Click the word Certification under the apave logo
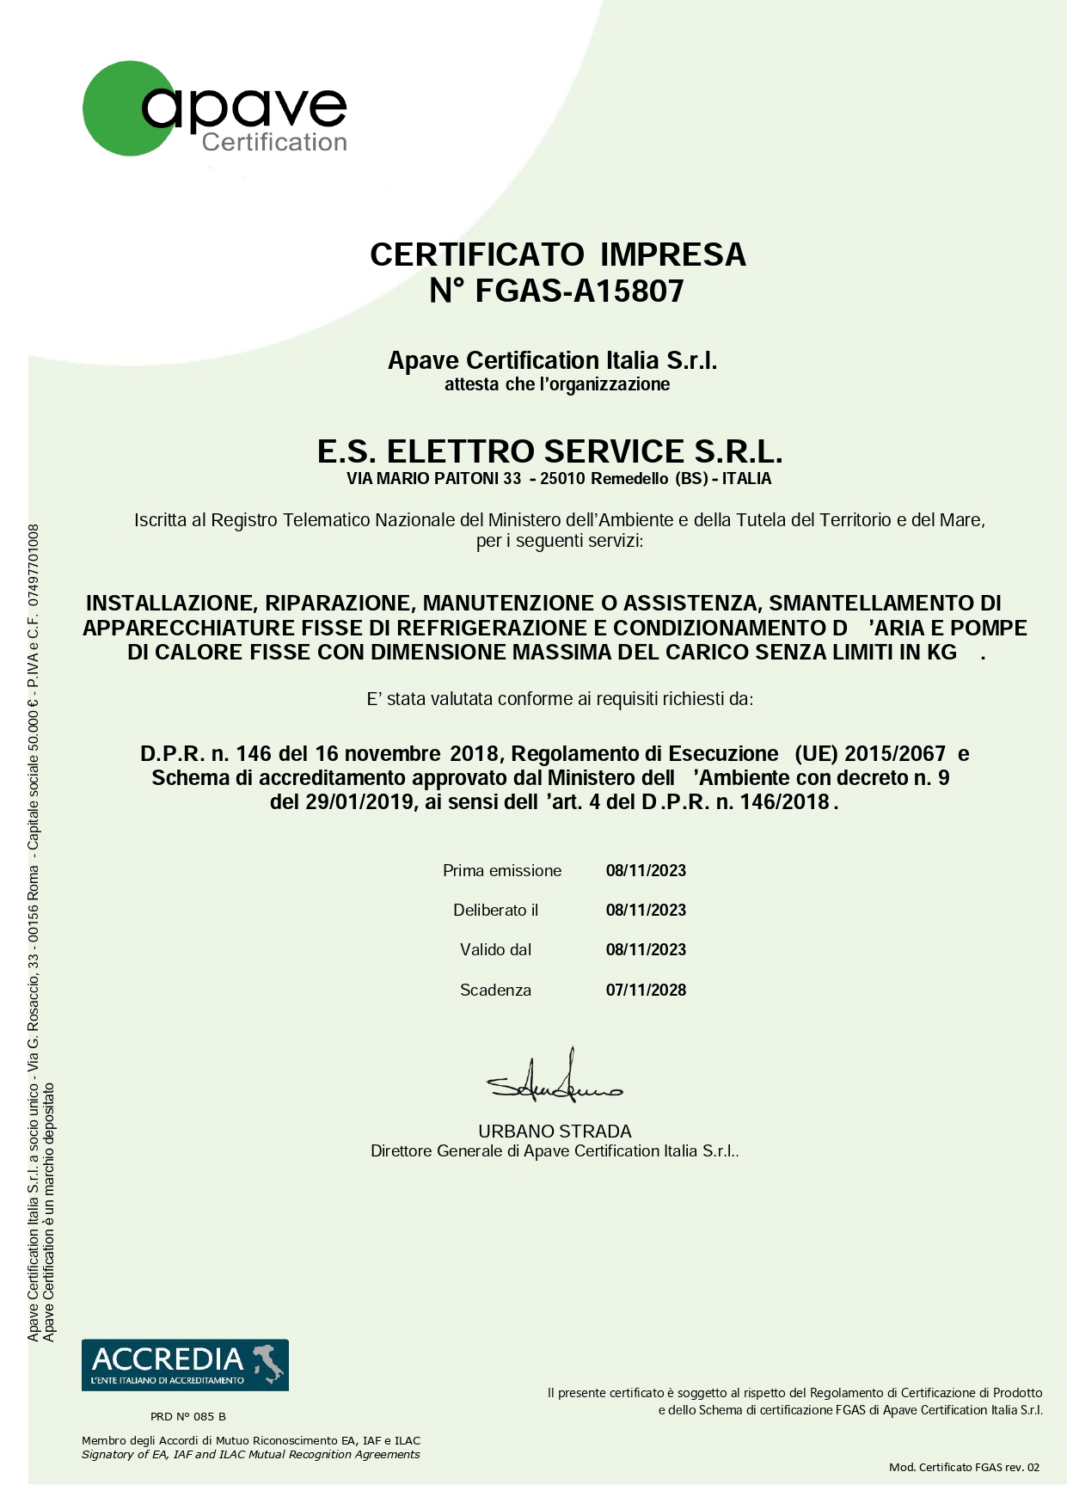pyautogui.click(x=274, y=143)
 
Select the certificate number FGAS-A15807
pyautogui.click(x=579, y=291)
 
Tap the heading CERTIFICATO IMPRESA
pyautogui.click(x=557, y=255)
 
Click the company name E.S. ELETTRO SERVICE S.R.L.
pyautogui.click(x=549, y=451)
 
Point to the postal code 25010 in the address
pyautogui.click(x=563, y=479)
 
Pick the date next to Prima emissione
pyautogui.click(x=646, y=871)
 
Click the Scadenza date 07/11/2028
pyautogui.click(x=646, y=991)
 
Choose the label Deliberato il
pyautogui.click(x=496, y=911)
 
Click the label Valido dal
pyautogui.click(x=496, y=950)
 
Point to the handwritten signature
pyautogui.click(x=555, y=1082)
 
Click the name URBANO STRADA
pyautogui.click(x=555, y=1132)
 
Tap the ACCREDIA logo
pyautogui.click(x=185, y=1365)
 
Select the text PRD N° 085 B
pyautogui.click(x=188, y=1416)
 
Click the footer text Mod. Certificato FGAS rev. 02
pyautogui.click(x=964, y=1467)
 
